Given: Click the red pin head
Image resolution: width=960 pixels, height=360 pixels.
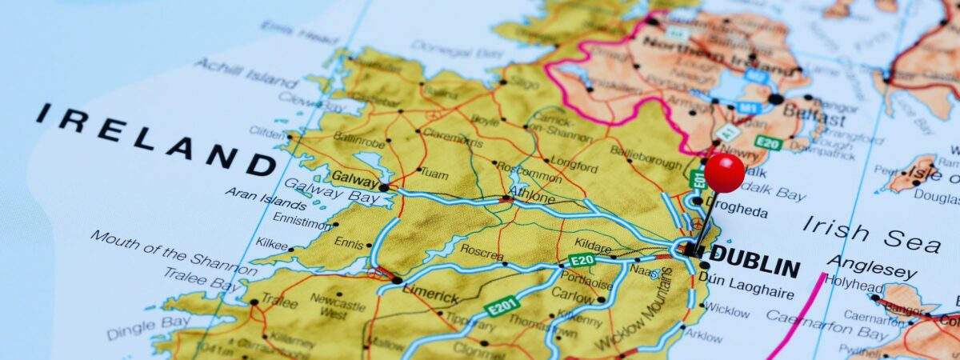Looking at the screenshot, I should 724,173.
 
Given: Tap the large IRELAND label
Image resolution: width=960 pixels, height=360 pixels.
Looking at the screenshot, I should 156,140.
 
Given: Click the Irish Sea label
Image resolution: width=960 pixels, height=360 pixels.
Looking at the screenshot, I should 871,234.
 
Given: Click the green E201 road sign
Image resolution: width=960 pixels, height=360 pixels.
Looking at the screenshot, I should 503,306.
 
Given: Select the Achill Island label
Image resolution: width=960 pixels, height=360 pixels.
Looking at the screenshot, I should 246,73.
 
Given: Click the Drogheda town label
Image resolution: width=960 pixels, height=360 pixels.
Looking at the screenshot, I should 740,212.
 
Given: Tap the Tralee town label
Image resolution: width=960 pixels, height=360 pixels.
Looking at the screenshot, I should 278,302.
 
